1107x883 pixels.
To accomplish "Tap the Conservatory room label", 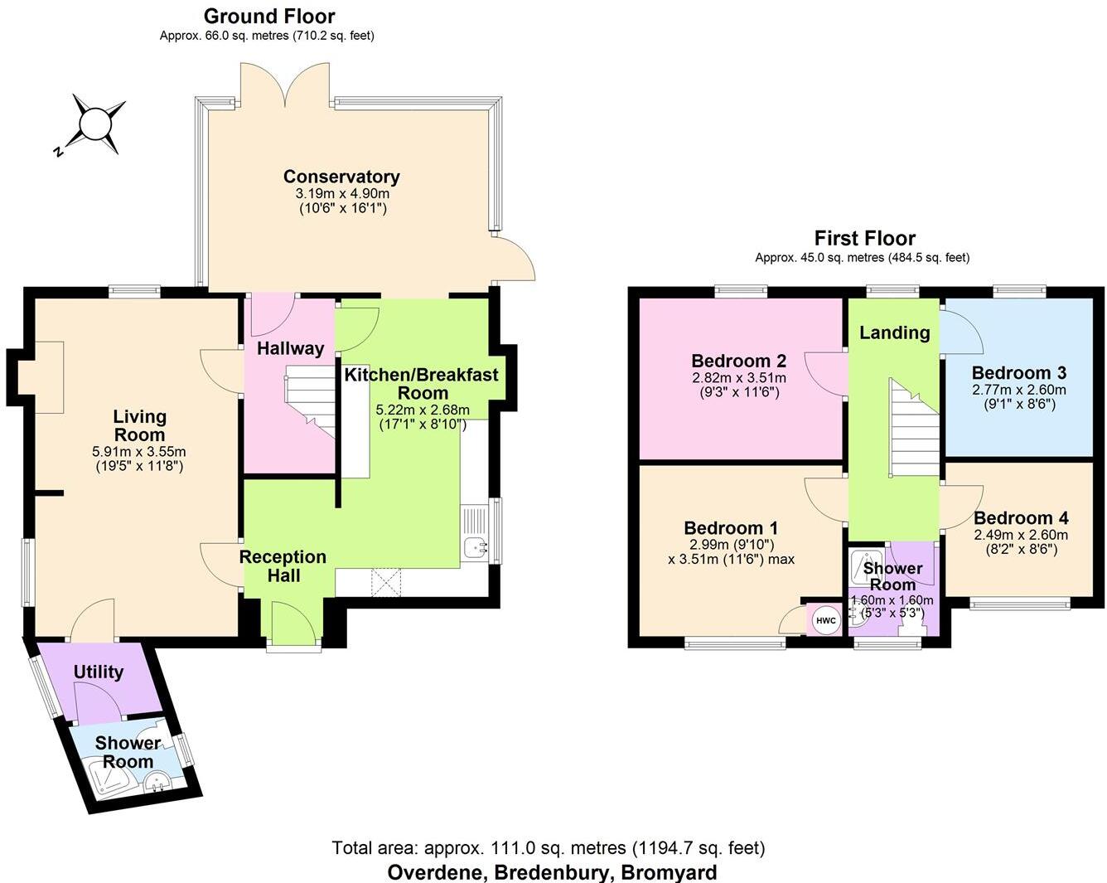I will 341,177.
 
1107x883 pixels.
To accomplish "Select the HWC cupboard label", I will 825,620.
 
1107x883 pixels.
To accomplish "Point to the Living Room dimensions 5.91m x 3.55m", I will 139,452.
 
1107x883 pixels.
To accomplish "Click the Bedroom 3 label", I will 1018,373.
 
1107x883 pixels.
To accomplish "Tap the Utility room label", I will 99,672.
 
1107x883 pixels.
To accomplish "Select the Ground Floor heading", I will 269,16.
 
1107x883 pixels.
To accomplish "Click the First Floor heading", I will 864,239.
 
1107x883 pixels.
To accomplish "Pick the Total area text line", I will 548,847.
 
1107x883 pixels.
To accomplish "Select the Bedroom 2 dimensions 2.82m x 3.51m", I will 739,378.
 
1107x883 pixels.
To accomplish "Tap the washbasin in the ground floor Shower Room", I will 157,781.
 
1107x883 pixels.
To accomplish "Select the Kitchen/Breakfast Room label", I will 422,384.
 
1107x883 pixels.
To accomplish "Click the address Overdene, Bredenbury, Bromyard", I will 552,872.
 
